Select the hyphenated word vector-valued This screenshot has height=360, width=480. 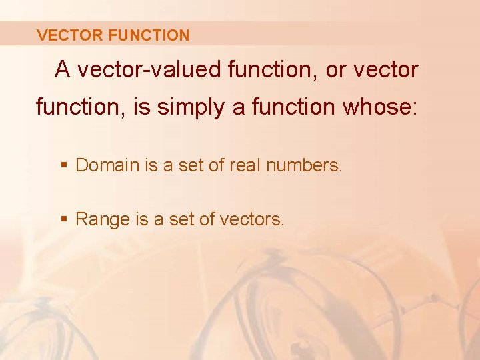[143, 69]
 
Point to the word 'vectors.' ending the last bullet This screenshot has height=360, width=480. [255, 219]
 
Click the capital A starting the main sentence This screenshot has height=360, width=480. [63, 69]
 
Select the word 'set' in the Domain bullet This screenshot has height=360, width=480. [193, 165]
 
